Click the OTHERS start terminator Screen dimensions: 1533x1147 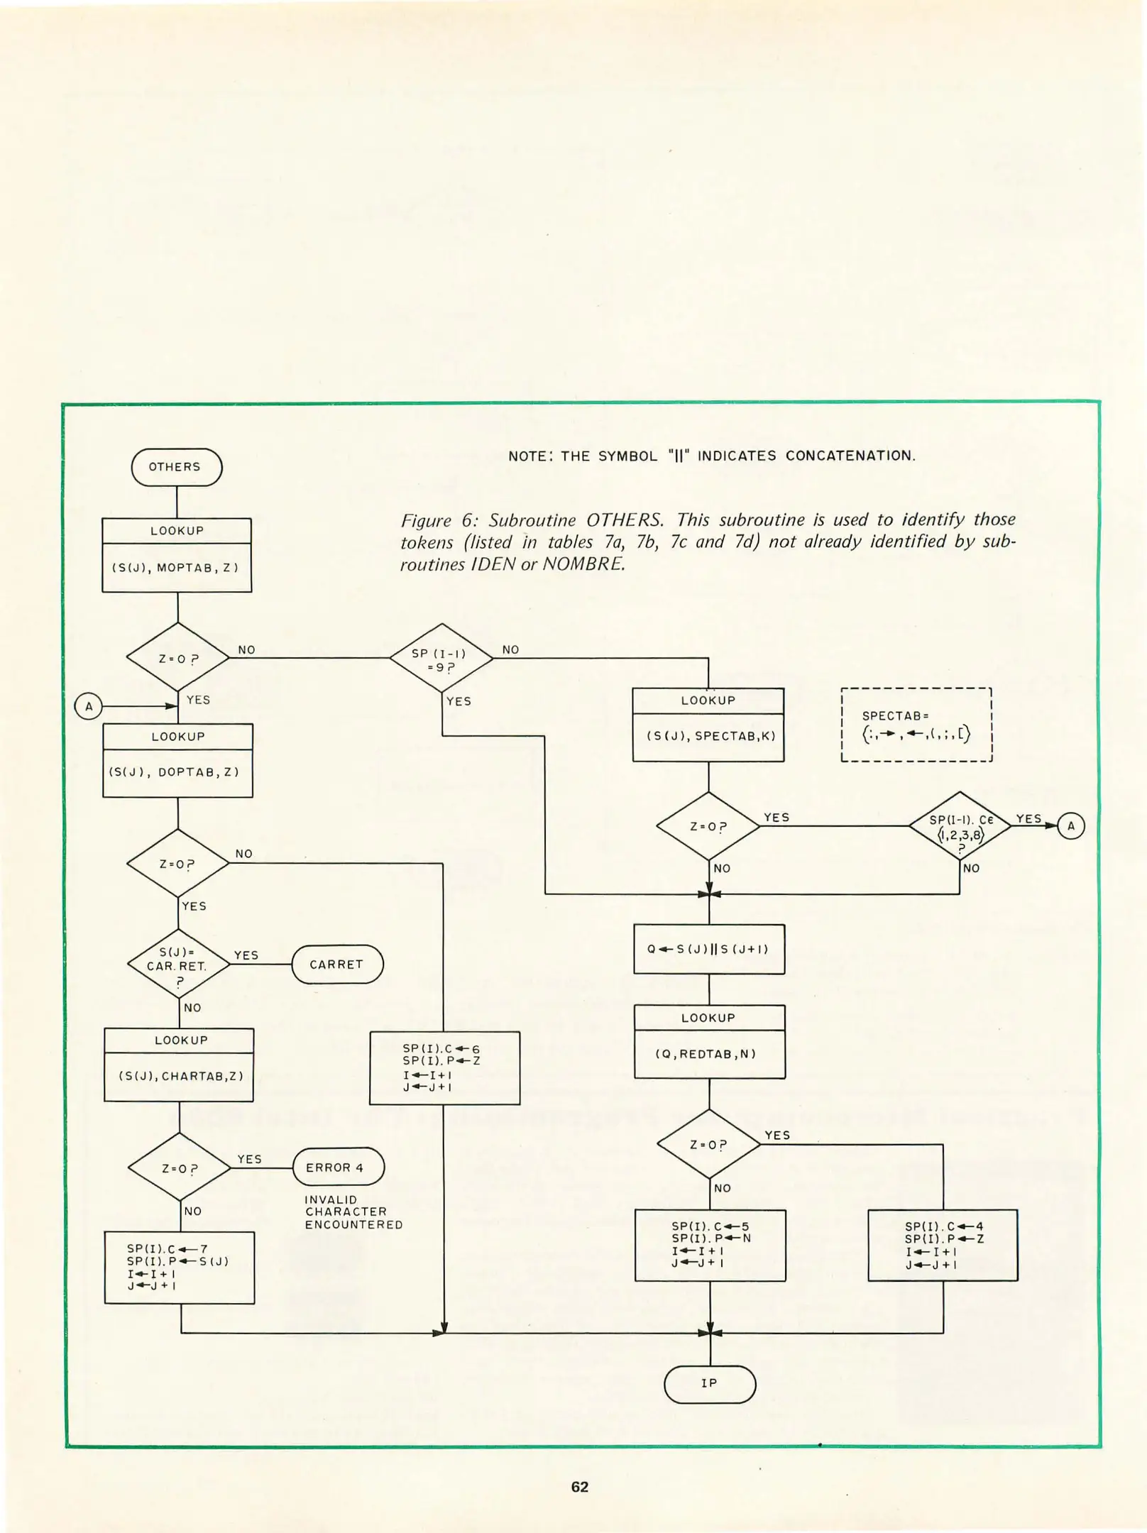(x=176, y=467)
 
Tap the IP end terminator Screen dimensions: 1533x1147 (x=709, y=1383)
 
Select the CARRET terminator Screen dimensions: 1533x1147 (x=337, y=964)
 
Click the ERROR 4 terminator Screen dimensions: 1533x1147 (x=338, y=1167)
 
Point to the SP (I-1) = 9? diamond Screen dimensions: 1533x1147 (x=441, y=659)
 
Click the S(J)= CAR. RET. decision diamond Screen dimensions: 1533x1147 (x=178, y=964)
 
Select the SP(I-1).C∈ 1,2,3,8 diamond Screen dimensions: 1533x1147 (x=960, y=826)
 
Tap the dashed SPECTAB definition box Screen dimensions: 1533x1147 (x=916, y=725)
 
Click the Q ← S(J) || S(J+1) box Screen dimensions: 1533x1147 (x=709, y=949)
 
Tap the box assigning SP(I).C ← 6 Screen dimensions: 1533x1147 (x=444, y=1067)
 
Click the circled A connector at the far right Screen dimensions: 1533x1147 (x=1070, y=826)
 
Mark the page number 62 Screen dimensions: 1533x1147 (x=579, y=1487)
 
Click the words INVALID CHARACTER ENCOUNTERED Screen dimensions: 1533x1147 (x=353, y=1211)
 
